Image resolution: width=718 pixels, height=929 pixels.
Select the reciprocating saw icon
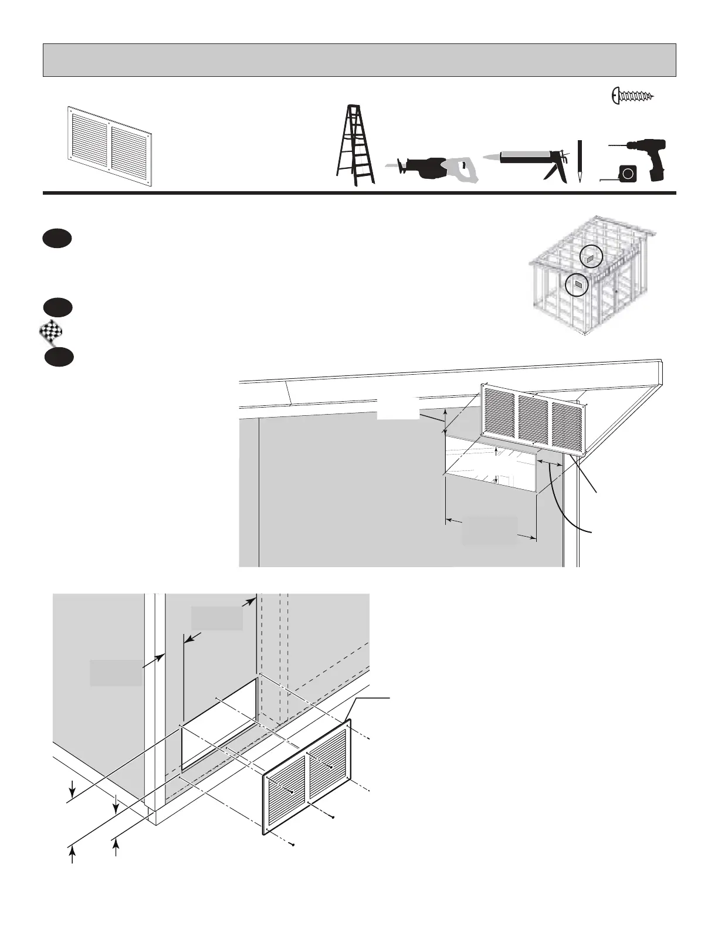tap(431, 169)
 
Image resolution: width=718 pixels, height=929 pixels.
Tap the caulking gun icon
tap(528, 161)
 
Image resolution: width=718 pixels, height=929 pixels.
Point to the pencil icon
tap(579, 162)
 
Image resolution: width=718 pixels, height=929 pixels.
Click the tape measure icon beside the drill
tap(627, 174)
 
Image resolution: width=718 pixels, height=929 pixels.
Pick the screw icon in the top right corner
tap(633, 95)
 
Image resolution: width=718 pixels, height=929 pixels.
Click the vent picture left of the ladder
tap(110, 145)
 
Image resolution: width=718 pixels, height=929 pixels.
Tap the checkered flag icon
tap(50, 334)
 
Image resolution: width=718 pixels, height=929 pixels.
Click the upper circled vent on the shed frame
tap(591, 256)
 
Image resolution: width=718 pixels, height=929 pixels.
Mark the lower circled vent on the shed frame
tap(577, 285)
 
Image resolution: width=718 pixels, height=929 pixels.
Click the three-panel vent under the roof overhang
tap(533, 420)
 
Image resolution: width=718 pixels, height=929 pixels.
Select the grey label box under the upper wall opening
tap(490, 531)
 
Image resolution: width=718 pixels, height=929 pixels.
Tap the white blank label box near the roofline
tap(397, 408)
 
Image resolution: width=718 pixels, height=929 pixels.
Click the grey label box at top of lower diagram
tap(217, 618)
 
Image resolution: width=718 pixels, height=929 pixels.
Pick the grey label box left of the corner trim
tap(116, 673)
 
